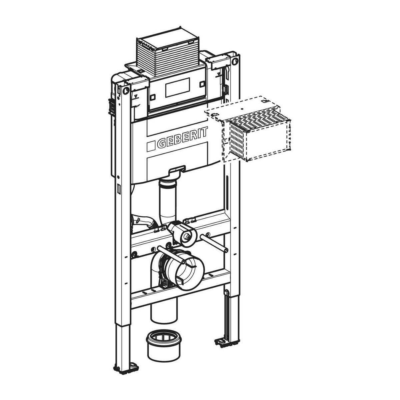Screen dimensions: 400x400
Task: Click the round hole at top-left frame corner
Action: point(126,90)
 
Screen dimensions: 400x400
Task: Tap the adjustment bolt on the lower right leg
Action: point(227,293)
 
